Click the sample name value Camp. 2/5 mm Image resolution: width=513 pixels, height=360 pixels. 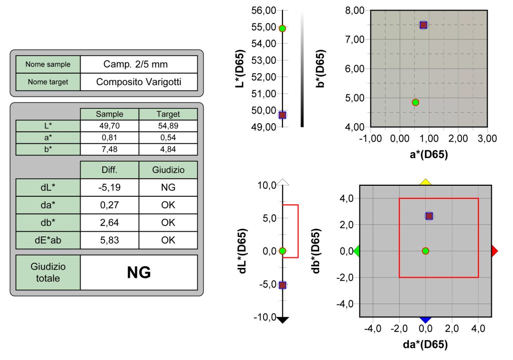(x=135, y=64)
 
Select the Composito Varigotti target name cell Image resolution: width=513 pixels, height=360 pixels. (x=139, y=82)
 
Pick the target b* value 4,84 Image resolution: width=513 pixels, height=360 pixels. (x=168, y=149)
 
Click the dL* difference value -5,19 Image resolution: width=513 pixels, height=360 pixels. (x=109, y=187)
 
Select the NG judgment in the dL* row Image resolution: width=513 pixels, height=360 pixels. (x=168, y=187)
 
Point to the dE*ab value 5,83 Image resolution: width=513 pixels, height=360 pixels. (x=109, y=240)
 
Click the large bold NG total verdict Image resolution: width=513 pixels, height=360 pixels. (x=139, y=272)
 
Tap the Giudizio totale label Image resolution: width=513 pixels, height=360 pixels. (x=48, y=272)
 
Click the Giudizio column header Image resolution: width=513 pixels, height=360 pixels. (x=168, y=170)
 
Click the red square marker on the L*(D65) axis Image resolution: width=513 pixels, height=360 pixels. (x=282, y=115)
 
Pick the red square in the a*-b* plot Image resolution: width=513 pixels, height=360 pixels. (x=423, y=25)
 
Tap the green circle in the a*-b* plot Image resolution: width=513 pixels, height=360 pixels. (x=415, y=102)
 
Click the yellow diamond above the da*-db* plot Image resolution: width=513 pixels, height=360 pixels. (x=426, y=182)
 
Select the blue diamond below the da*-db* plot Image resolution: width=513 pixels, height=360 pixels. (x=426, y=319)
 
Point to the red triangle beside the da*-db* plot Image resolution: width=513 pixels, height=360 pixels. (x=494, y=251)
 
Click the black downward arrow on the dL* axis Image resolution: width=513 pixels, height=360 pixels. (x=283, y=320)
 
